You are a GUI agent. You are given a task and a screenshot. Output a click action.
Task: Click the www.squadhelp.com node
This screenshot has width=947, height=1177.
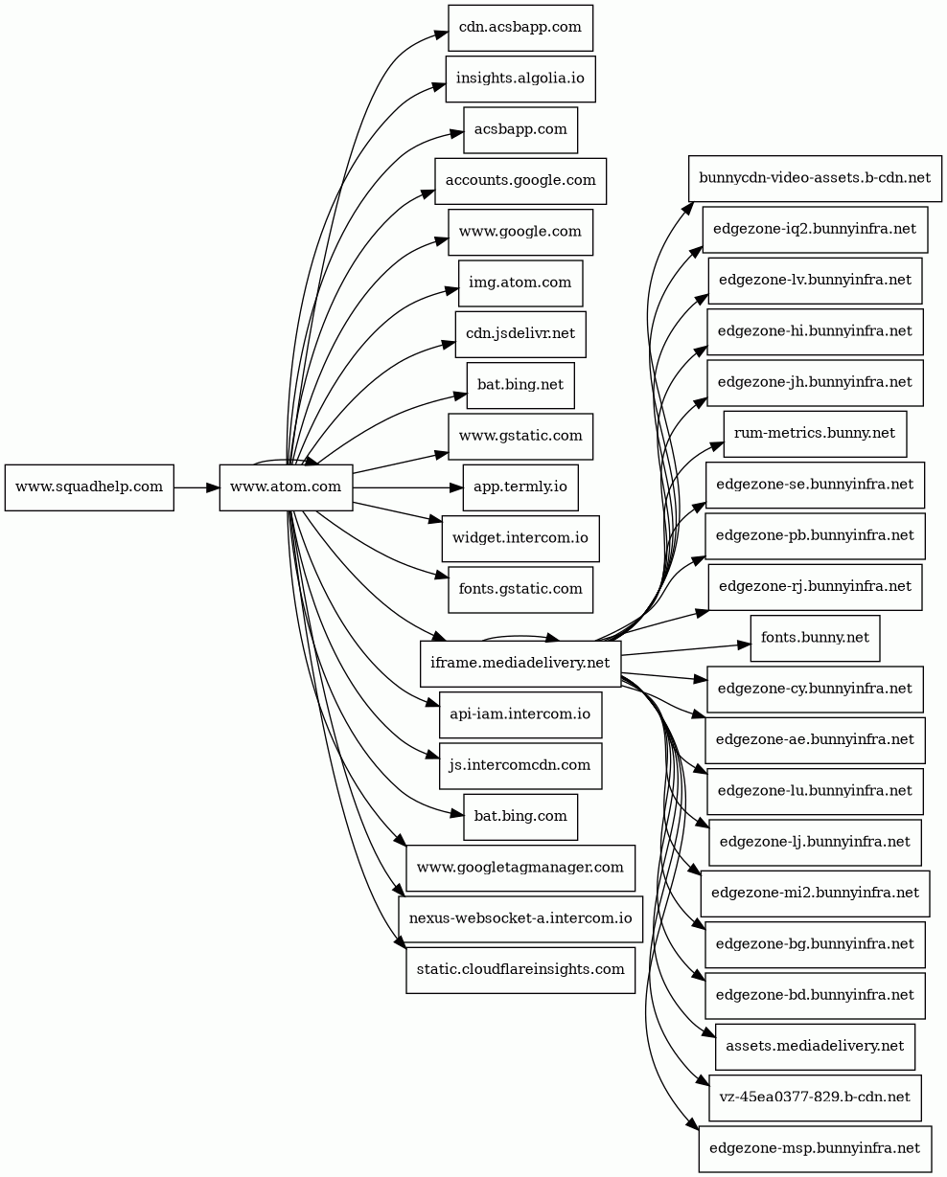pyautogui.click(x=89, y=487)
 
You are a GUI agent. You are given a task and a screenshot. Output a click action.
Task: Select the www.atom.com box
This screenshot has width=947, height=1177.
pyautogui.click(x=286, y=487)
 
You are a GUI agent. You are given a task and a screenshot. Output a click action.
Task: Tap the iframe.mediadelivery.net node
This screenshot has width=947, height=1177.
pyautogui.click(x=520, y=663)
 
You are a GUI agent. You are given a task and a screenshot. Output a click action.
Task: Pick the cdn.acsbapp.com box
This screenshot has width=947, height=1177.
pyautogui.click(x=520, y=28)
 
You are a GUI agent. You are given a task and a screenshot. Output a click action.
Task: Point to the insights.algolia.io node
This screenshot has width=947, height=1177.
pyautogui.click(x=520, y=79)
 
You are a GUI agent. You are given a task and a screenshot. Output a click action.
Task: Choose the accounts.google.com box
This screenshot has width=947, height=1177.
pyautogui.click(x=520, y=180)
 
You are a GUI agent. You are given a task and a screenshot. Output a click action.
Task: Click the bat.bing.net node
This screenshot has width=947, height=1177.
pyautogui.click(x=520, y=385)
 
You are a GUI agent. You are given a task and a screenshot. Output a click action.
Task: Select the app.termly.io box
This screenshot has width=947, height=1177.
pyautogui.click(x=520, y=487)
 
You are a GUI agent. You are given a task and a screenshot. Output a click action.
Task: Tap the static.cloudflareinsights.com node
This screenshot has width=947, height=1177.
pyautogui.click(x=520, y=970)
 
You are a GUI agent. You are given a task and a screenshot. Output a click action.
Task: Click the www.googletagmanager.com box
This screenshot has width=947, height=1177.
pyautogui.click(x=520, y=869)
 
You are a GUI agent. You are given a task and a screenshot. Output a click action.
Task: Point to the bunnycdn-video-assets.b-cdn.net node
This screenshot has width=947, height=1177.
pyautogui.click(x=815, y=178)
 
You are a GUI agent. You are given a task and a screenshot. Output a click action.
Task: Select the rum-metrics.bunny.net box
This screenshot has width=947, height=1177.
pyautogui.click(x=815, y=434)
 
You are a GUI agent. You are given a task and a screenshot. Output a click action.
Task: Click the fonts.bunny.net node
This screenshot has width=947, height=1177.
pyautogui.click(x=815, y=638)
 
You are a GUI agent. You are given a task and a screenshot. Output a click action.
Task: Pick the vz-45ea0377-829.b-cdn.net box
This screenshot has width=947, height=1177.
pyautogui.click(x=815, y=1098)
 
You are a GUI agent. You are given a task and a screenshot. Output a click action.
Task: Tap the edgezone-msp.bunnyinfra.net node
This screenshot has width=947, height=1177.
pyautogui.click(x=815, y=1148)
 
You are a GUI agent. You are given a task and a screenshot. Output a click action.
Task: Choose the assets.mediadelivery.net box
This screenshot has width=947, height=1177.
pyautogui.click(x=815, y=1047)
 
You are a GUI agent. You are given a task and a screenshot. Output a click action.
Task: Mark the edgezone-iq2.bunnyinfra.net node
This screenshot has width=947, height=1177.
pyautogui.click(x=815, y=229)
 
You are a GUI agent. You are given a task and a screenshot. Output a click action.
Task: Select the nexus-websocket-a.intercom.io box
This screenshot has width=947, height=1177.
pyautogui.click(x=520, y=919)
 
